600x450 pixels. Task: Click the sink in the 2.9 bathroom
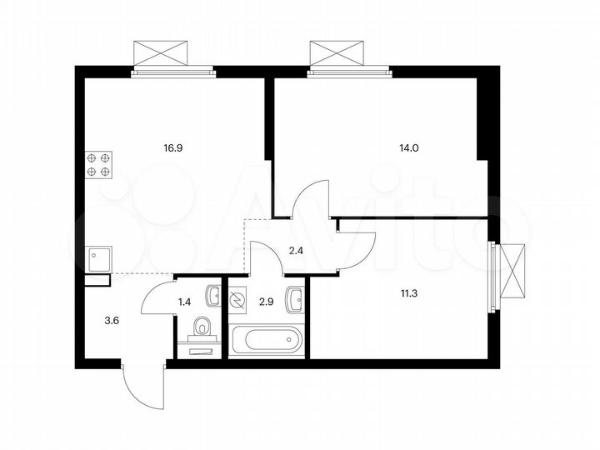294,297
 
